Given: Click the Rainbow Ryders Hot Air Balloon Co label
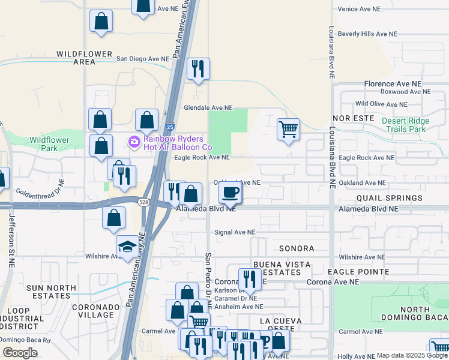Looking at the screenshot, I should [177, 143].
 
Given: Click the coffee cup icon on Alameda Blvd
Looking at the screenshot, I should [229, 193].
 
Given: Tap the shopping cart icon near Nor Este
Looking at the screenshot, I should [288, 128].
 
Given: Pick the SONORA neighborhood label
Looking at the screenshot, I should [297, 248].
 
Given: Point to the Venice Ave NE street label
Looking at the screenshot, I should [360, 9].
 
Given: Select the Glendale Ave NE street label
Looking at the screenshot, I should [208, 108].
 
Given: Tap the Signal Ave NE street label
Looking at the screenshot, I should [235, 232].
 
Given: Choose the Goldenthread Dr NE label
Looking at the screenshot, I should [38, 193].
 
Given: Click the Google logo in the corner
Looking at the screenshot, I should [20, 353].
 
